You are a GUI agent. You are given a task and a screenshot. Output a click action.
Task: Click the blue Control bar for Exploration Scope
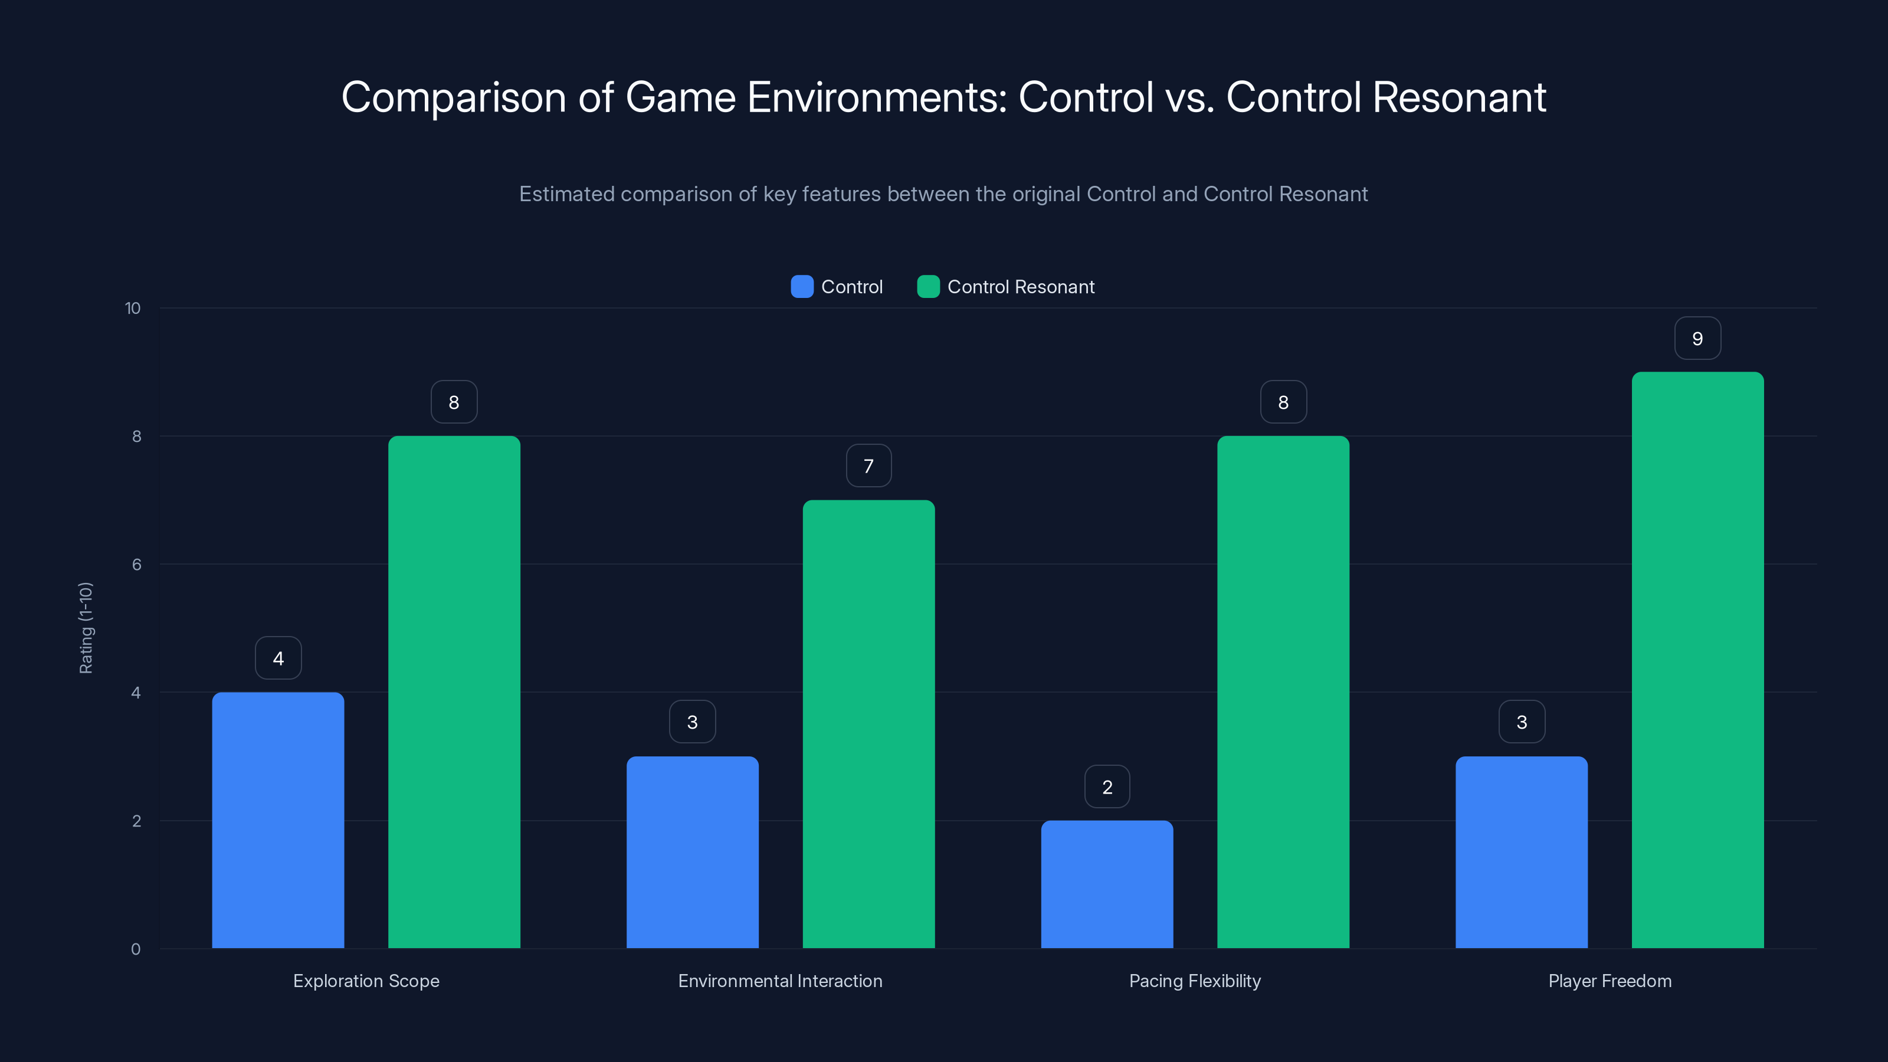point(278,820)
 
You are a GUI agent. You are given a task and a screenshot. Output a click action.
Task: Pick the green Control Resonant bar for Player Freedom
point(1697,660)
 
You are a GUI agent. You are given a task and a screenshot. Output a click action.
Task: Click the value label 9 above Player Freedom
point(1697,339)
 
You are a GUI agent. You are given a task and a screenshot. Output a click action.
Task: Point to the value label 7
point(868,466)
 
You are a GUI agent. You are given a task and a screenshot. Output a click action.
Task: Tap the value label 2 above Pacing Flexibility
point(1107,787)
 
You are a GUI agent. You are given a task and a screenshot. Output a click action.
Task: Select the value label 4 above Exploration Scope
point(278,658)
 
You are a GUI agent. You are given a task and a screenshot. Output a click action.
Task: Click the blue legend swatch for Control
point(802,287)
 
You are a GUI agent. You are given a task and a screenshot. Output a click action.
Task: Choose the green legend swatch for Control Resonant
point(928,287)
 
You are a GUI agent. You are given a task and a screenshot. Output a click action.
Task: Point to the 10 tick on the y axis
point(133,308)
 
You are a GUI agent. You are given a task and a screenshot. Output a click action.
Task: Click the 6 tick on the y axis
point(136,565)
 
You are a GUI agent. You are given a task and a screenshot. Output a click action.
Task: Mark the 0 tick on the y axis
point(136,949)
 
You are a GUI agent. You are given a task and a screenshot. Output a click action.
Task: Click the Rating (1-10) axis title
point(86,628)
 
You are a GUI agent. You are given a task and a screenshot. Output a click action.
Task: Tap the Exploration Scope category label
point(366,981)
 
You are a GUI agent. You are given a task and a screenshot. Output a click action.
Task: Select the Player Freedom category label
point(1610,981)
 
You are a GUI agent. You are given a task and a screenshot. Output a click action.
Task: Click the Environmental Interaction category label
point(780,981)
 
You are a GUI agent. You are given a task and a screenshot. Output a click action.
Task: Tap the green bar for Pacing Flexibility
point(1283,692)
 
